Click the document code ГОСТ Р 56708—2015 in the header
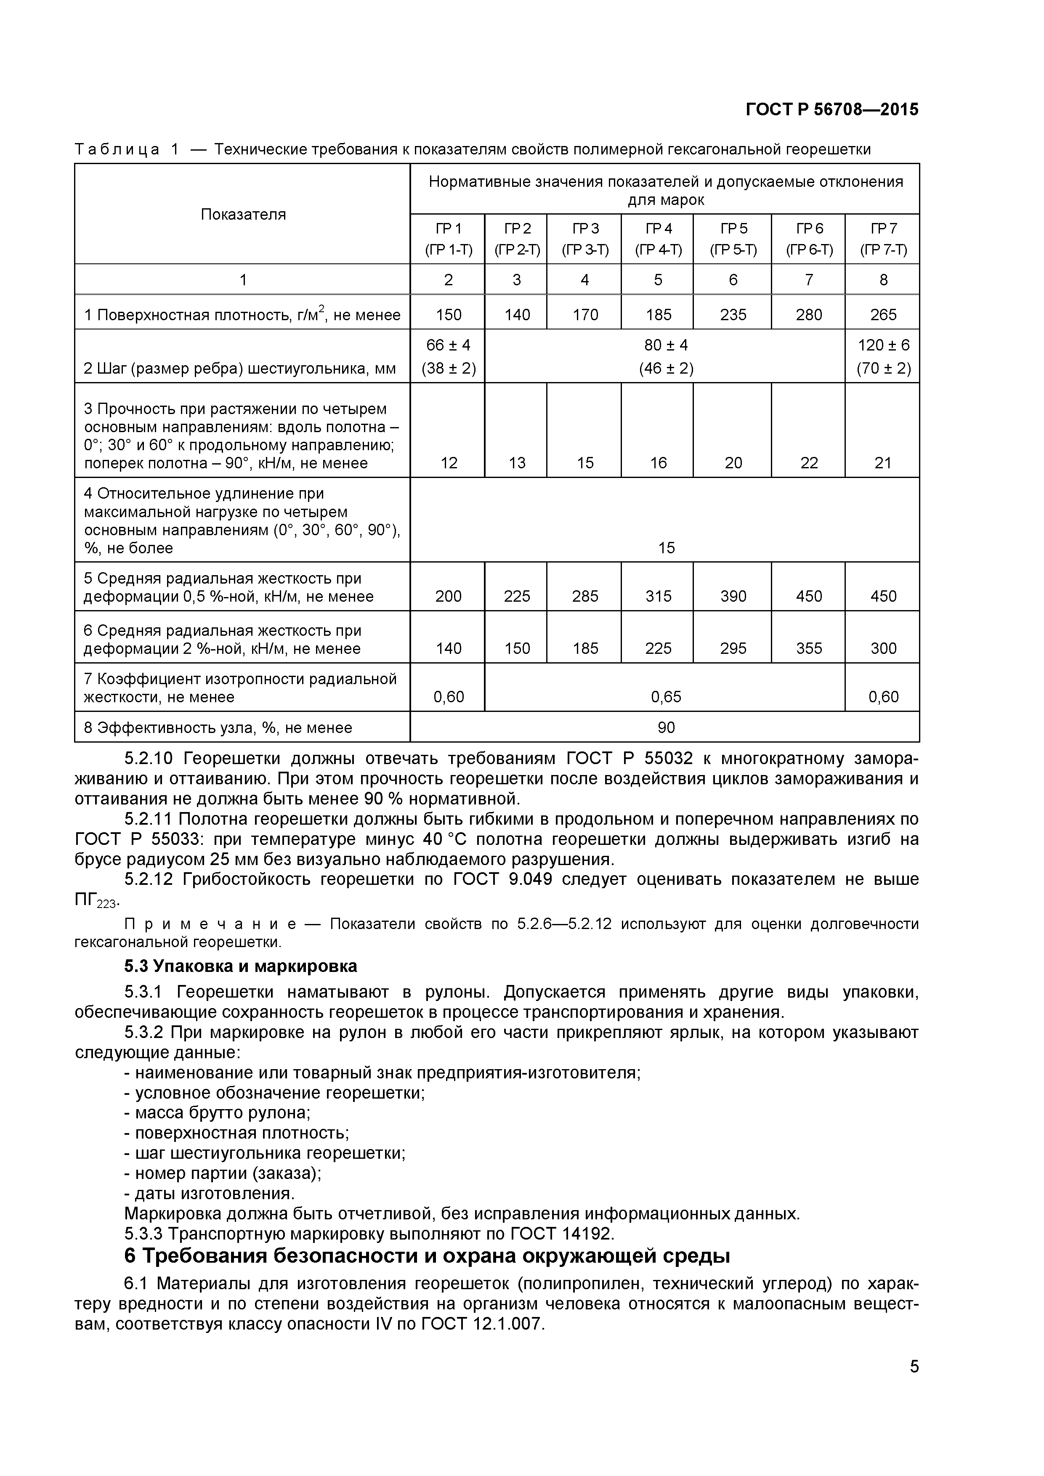pos(832,110)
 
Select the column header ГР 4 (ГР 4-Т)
pos(658,239)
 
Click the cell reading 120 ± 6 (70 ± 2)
pos(883,356)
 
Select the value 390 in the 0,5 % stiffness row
pos(733,596)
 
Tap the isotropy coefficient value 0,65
pos(665,697)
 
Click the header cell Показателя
pos(243,214)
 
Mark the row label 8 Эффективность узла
pos(218,728)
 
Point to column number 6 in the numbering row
pos(733,280)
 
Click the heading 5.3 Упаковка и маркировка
pos(240,966)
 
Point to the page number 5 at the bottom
pos(914,1385)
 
